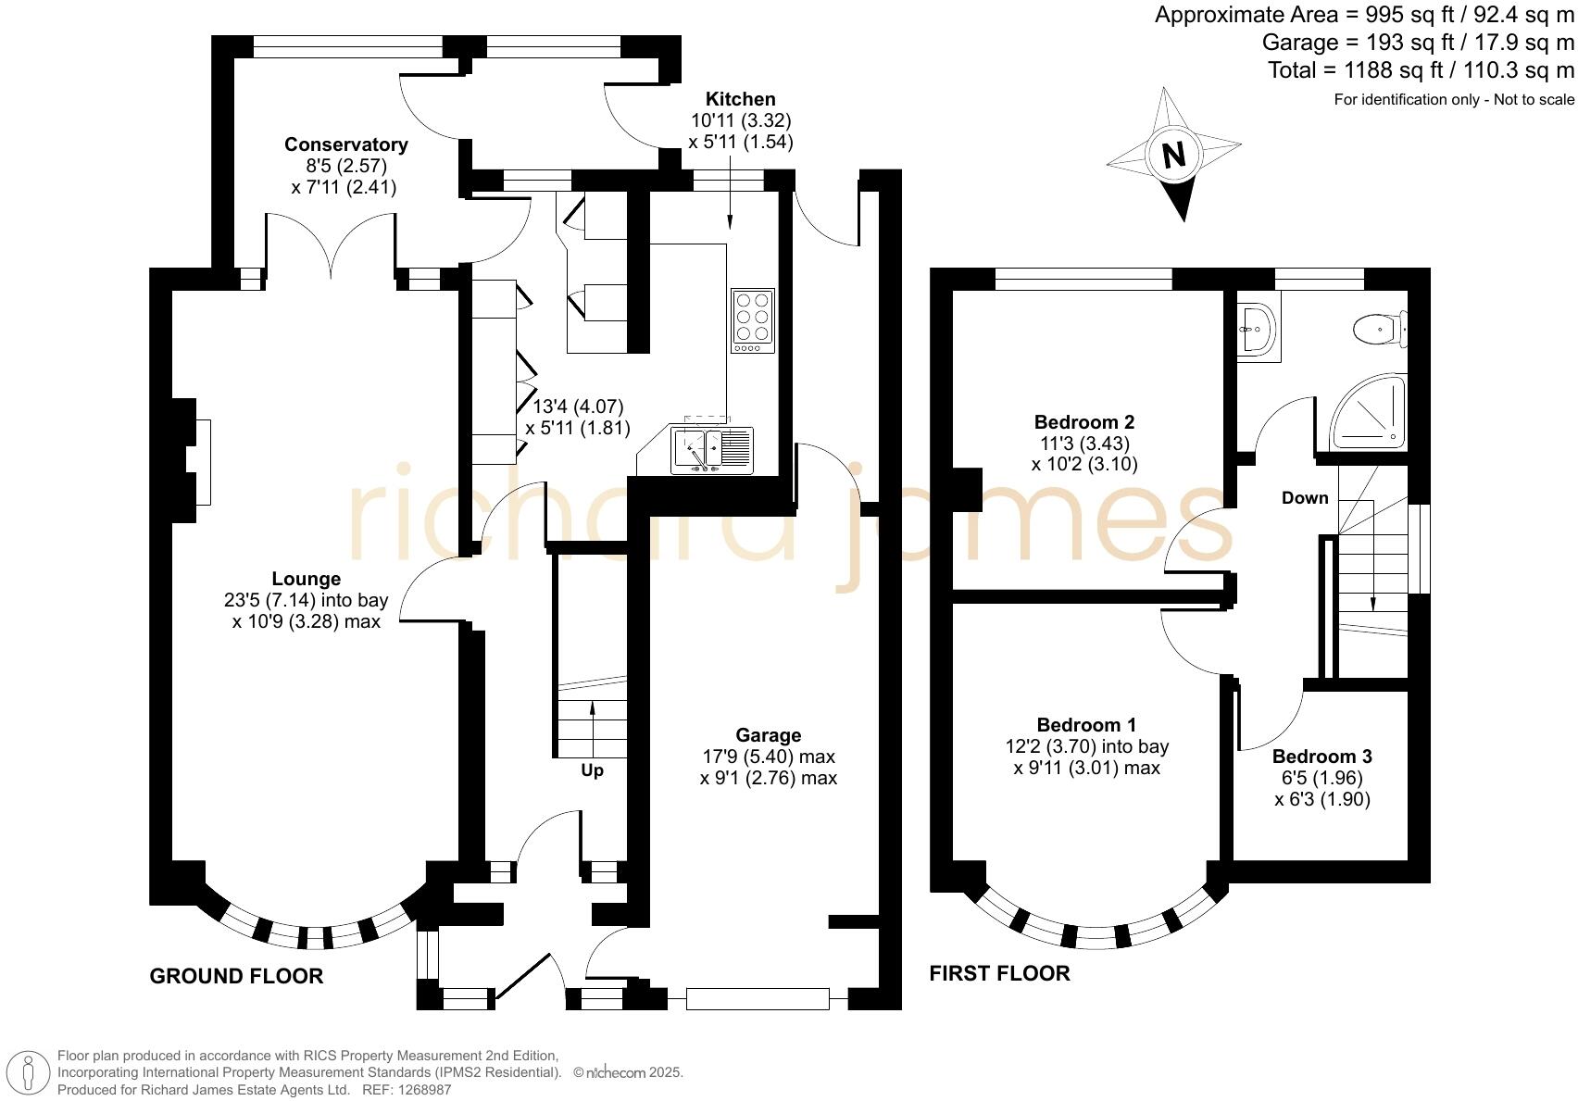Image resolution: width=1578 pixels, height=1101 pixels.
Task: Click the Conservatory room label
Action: click(345, 144)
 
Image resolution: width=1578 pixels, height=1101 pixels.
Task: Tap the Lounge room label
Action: click(306, 579)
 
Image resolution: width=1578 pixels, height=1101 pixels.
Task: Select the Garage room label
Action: click(769, 735)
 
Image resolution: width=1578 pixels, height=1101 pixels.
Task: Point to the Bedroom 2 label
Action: click(1084, 422)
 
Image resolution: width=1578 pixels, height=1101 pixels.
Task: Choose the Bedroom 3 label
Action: click(1321, 757)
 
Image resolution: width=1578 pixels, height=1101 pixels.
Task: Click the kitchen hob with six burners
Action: click(752, 320)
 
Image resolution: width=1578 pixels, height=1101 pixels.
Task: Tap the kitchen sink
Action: click(712, 450)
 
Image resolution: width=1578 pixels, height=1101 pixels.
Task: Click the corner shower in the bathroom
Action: click(1371, 412)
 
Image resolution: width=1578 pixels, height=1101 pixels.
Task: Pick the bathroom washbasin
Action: click(1258, 328)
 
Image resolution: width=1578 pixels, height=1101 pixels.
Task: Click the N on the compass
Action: click(1174, 154)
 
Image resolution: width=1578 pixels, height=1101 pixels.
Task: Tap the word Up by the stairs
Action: click(592, 770)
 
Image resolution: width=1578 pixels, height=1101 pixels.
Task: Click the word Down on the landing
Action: click(1305, 498)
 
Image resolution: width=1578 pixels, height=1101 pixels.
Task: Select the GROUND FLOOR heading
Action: click(236, 976)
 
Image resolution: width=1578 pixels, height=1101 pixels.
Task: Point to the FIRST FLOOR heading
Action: click(999, 973)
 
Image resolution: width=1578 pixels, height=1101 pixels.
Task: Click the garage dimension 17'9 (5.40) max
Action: click(769, 757)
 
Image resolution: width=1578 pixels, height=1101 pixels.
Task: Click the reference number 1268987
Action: click(424, 1090)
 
